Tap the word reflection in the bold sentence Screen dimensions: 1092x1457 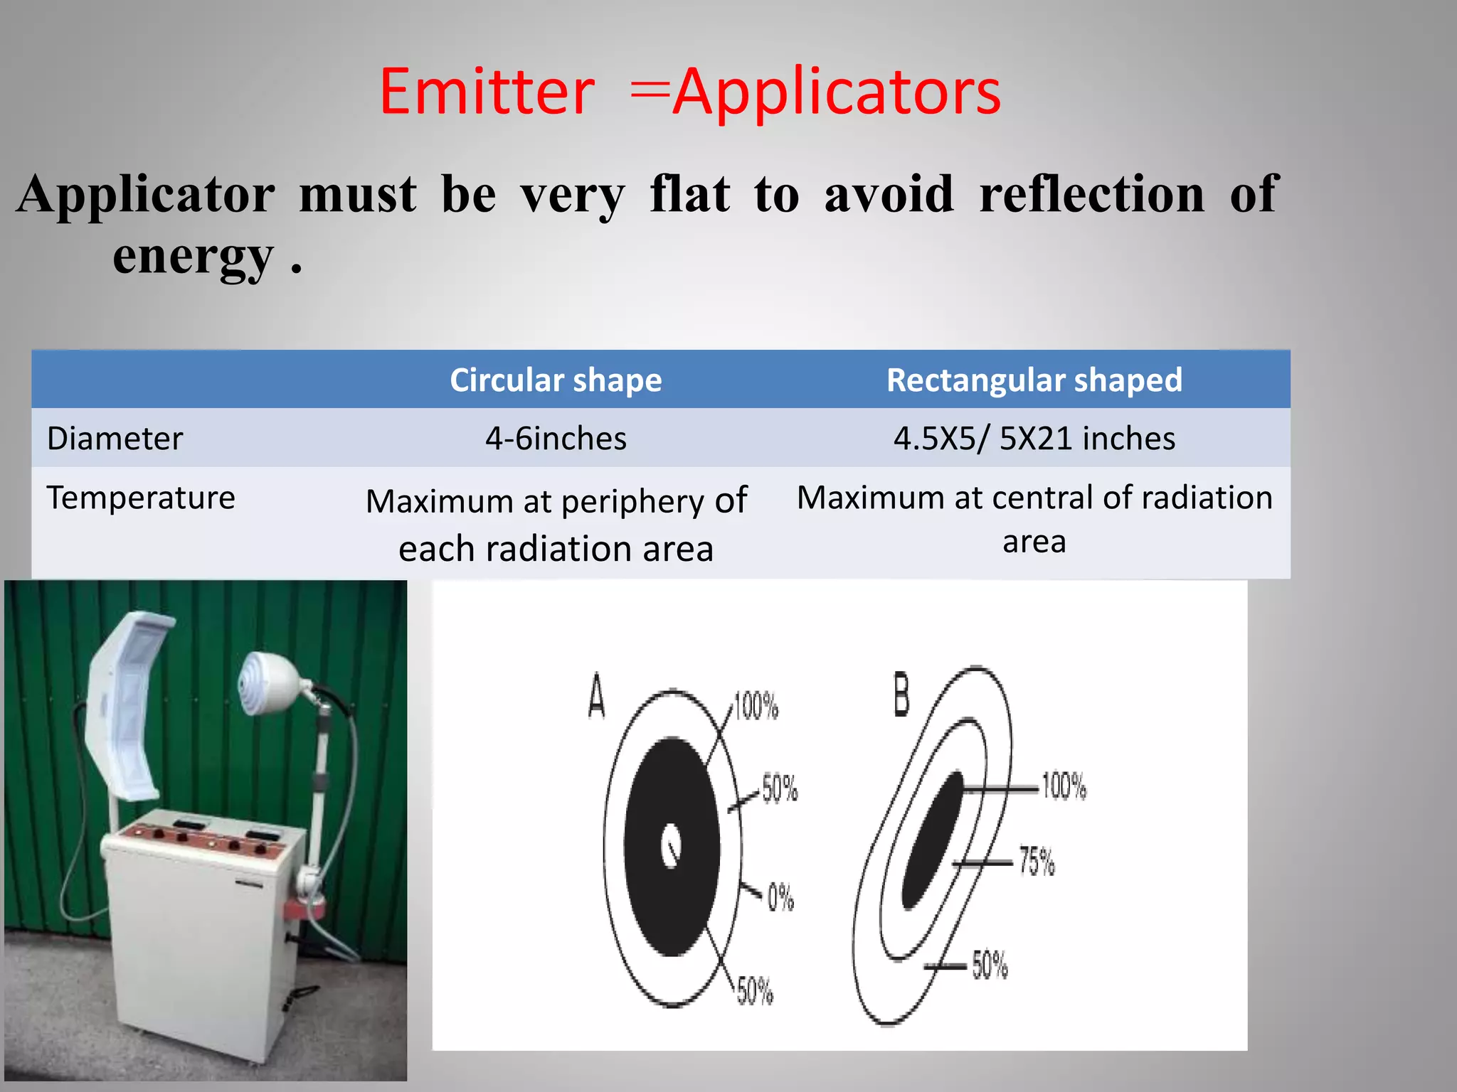(1091, 193)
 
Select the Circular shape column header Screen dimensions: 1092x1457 (556, 380)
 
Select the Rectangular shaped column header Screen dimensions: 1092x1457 (1034, 380)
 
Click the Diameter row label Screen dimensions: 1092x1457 (115, 438)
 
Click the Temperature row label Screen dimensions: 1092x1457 (141, 497)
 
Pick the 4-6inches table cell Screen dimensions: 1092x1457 (556, 438)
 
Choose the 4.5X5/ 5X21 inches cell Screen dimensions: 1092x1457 (1034, 438)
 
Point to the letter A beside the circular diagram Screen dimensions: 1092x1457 (596, 697)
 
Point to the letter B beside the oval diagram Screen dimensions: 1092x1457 (901, 695)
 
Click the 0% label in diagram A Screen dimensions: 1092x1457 (780, 897)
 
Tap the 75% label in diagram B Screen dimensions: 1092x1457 (1037, 861)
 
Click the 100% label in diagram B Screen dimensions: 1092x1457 (1064, 786)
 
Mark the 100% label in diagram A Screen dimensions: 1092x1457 (756, 706)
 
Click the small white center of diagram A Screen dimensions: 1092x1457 (670, 845)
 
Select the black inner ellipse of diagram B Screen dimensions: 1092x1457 (932, 839)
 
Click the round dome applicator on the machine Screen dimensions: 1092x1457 (267, 682)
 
